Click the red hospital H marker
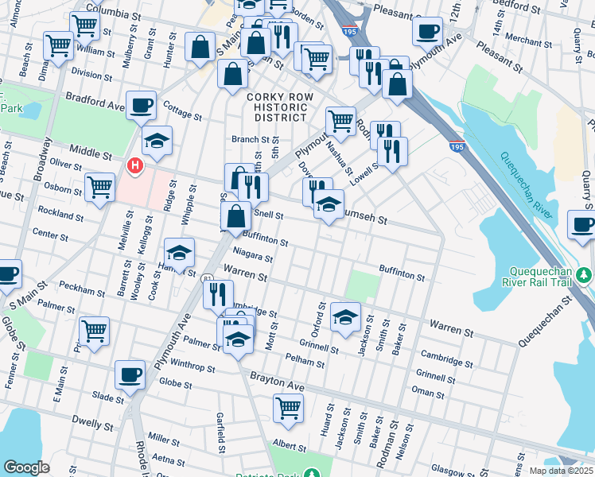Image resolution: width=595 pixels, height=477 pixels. tap(136, 165)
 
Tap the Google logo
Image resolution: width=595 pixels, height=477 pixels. tap(26, 467)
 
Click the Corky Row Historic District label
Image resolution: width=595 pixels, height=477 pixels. tap(276, 107)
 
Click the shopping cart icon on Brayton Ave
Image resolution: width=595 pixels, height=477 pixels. tap(288, 408)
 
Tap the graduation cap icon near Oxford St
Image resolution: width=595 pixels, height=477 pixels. tap(344, 316)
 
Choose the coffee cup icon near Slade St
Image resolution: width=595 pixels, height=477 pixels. tap(130, 374)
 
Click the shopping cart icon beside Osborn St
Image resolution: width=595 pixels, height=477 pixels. tap(99, 188)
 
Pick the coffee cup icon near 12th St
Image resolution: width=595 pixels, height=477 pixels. tap(428, 31)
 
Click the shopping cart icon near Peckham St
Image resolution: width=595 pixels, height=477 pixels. tap(94, 329)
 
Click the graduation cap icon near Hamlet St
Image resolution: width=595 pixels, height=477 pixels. tap(179, 252)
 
